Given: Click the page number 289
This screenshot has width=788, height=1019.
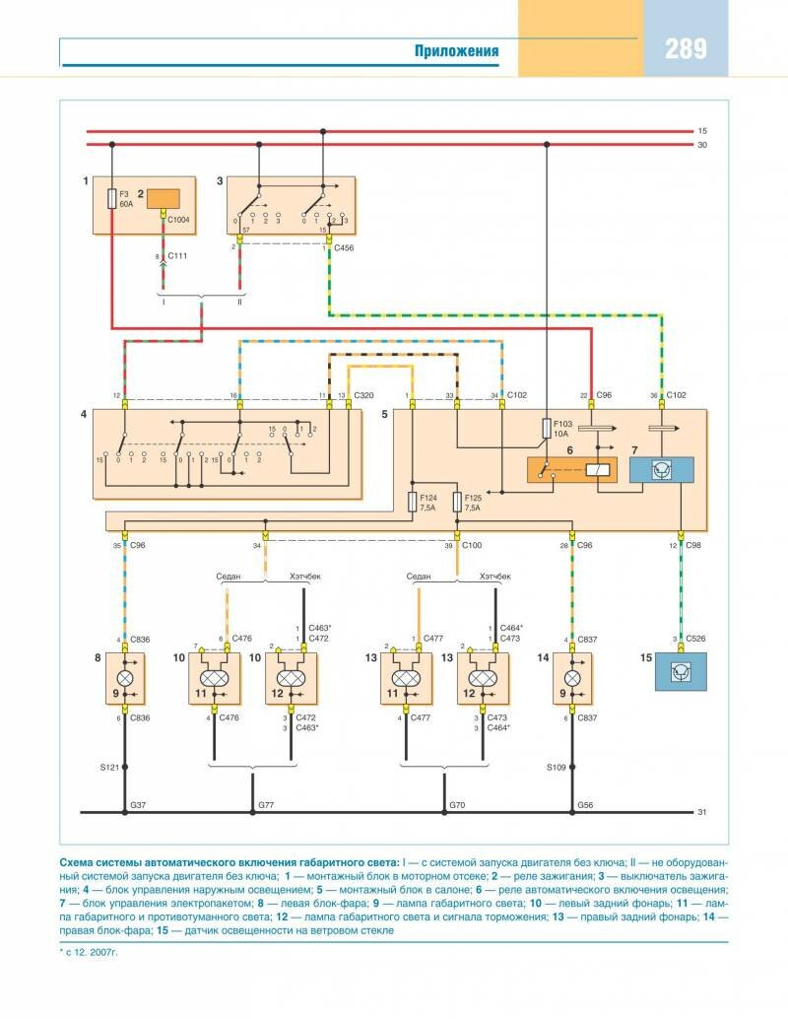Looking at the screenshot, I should coord(686,49).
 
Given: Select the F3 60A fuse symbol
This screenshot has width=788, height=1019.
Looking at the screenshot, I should coord(111,200).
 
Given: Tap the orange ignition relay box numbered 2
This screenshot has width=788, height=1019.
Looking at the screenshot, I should coord(164,200).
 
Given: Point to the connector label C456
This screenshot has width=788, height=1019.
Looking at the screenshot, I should coord(344,248).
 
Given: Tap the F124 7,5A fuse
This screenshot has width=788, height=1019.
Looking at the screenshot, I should coord(414,503).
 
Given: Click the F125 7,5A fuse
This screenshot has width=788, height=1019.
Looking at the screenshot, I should coord(458,503).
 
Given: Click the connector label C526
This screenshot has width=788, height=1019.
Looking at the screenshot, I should coord(696,639).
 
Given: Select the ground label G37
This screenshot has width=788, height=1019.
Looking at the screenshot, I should coord(138,806).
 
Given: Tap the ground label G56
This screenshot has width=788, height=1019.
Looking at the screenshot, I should coord(586,806).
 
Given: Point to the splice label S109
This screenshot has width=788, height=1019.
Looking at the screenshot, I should coord(557,766).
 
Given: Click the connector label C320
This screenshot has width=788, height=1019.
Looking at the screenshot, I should coord(363,394).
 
